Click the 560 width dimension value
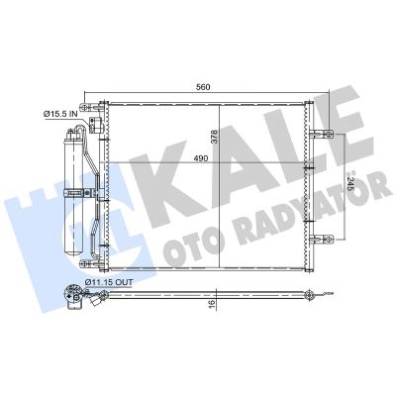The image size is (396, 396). click(203, 87)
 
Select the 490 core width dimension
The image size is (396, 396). click(201, 158)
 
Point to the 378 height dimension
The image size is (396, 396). click(215, 136)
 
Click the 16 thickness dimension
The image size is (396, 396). click(212, 302)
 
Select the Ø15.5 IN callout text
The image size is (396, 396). click(60, 114)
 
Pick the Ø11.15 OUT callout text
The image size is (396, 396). click(109, 282)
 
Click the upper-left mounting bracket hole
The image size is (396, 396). click(85, 107)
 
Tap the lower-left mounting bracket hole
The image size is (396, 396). click(85, 263)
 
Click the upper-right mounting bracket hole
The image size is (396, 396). click(329, 134)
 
